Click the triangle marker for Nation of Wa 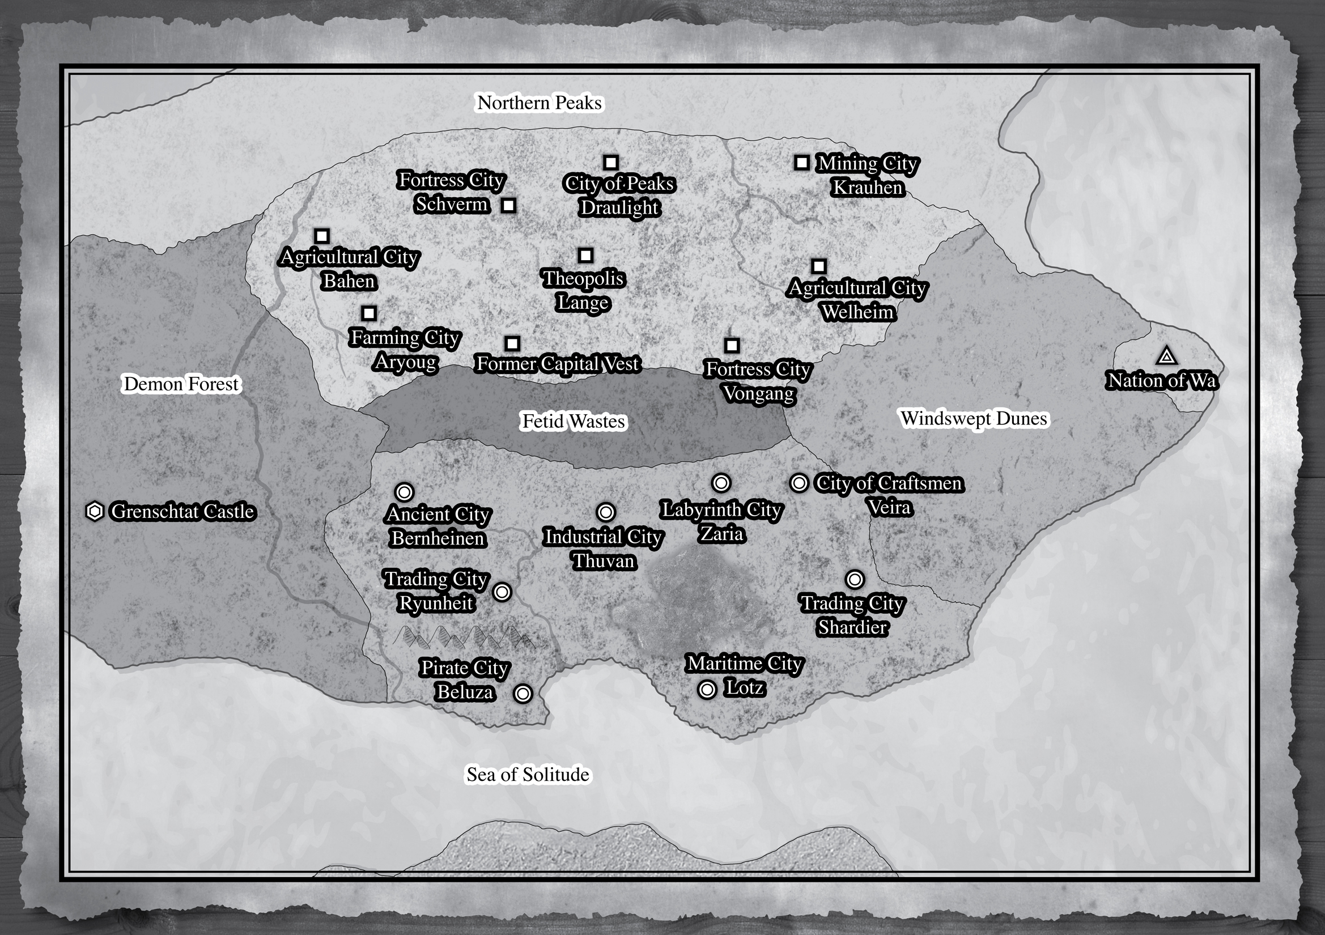coord(1166,356)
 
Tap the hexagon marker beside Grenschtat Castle coord(95,511)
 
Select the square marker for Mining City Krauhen coord(801,163)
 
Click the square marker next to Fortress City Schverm coord(508,205)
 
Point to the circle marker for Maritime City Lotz coord(707,689)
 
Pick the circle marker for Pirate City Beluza coord(523,693)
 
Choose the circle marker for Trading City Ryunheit coord(502,592)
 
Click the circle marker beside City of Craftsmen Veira coord(799,482)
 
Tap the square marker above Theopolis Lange coord(586,255)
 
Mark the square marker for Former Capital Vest coord(512,343)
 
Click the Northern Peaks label coord(540,103)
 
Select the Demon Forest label coord(181,384)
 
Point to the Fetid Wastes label coord(573,422)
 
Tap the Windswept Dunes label coord(974,418)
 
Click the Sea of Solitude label coord(528,775)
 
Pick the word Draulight coord(619,207)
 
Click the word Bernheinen coord(438,538)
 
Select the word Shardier coord(852,627)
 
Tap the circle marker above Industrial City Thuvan coord(605,512)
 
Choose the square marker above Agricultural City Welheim coord(818,266)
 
